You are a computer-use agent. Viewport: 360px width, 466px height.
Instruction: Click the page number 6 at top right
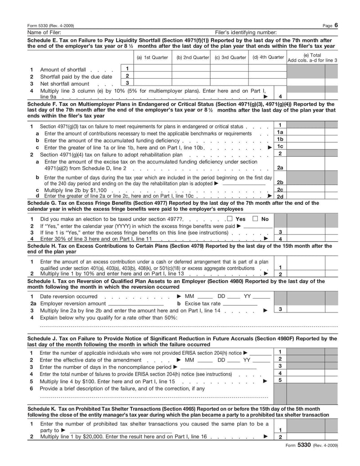pos(336,25)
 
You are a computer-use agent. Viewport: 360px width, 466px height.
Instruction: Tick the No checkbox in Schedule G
pos(255,219)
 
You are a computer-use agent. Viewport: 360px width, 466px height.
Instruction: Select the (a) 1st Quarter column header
pos(153,58)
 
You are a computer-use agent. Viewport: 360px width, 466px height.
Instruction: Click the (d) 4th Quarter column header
pos(268,58)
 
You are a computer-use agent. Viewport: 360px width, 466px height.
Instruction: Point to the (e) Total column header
pos(312,58)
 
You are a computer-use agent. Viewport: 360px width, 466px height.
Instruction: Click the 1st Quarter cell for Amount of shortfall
pos(153,68)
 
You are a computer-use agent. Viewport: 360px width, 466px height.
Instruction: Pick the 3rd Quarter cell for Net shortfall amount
pos(229,83)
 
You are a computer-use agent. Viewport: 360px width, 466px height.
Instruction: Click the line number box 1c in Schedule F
pos(280,147)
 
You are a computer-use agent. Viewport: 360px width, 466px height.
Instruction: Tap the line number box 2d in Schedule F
pos(280,196)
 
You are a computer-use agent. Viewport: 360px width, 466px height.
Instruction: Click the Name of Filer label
pos(44,32)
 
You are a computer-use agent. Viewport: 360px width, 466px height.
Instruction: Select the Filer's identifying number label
pos(246,32)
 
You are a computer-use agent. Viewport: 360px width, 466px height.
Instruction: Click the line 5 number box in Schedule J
pos(280,380)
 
